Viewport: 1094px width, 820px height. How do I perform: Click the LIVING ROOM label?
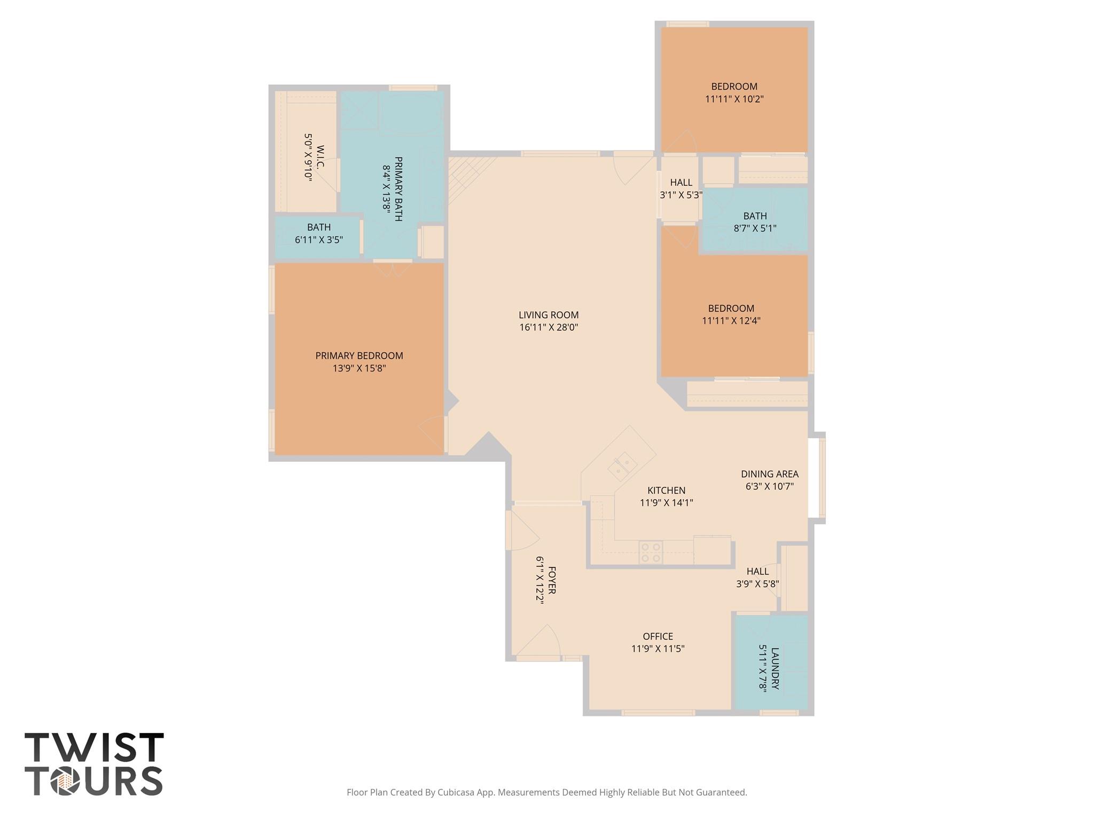pyautogui.click(x=549, y=315)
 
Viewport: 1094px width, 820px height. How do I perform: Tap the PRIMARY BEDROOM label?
pyautogui.click(x=359, y=356)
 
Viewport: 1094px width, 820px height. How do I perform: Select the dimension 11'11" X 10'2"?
pyautogui.click(x=734, y=99)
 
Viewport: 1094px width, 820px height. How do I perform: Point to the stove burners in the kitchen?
pyautogui.click(x=651, y=552)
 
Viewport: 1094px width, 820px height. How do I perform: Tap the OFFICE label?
pyautogui.click(x=658, y=636)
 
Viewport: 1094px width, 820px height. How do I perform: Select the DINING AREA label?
pyautogui.click(x=769, y=474)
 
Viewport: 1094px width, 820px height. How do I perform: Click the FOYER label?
pyautogui.click(x=552, y=580)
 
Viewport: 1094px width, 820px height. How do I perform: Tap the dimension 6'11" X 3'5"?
pyautogui.click(x=318, y=240)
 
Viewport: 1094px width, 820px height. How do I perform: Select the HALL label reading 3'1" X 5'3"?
pyautogui.click(x=681, y=183)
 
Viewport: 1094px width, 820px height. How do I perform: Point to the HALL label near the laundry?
pyautogui.click(x=757, y=572)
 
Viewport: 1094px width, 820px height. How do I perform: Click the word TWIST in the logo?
pyautogui.click(x=94, y=747)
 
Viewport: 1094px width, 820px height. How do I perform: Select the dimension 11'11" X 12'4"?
pyautogui.click(x=731, y=321)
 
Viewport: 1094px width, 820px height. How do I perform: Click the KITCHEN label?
pyautogui.click(x=666, y=490)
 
